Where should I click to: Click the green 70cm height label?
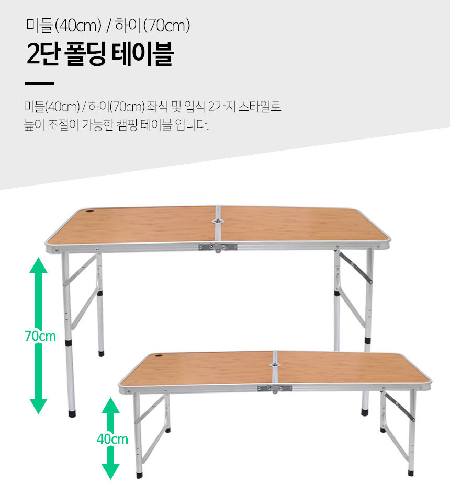point(40,337)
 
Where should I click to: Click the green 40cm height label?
point(113,440)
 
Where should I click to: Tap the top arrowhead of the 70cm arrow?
point(38,265)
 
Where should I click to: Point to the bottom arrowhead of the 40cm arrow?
point(110,471)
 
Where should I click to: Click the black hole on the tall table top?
point(90,211)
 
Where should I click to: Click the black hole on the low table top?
point(159,357)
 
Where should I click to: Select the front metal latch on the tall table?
point(218,247)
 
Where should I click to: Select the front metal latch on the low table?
point(275,389)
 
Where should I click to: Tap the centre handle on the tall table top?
point(217,221)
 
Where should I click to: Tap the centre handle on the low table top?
point(274,365)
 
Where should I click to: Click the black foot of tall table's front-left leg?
point(72,413)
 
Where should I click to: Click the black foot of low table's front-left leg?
point(139,475)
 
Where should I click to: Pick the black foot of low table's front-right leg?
point(411,473)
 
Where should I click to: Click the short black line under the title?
point(40,84)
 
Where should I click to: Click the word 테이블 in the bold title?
point(143,54)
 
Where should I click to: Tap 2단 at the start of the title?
point(43,54)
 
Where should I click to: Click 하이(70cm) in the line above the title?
point(152,26)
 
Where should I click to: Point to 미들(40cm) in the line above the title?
point(64,26)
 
